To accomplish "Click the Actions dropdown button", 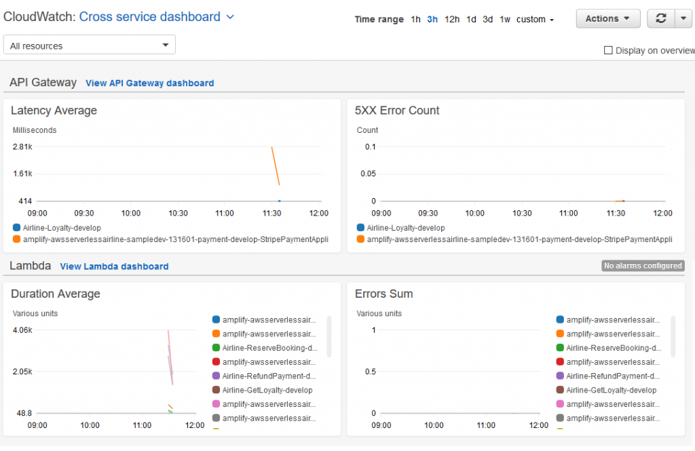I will tap(607, 19).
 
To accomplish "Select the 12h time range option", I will tap(452, 20).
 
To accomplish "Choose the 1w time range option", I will tap(505, 20).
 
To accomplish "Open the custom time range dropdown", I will tap(535, 20).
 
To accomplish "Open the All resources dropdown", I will tap(90, 45).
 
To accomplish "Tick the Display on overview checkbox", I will tap(608, 50).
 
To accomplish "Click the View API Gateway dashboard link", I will tap(149, 83).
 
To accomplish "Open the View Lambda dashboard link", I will tap(114, 267).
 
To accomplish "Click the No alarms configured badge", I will tap(643, 266).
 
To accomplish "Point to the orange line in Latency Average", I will tap(276, 165).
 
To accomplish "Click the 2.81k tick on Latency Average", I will tap(22, 146).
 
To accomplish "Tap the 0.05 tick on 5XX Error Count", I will tap(367, 174).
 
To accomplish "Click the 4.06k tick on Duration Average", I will tap(22, 330).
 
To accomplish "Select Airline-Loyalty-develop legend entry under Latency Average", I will tap(61, 228).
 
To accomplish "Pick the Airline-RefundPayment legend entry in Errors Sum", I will tap(611, 376).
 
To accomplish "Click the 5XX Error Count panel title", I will tap(397, 111).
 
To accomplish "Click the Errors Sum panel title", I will tap(383, 294).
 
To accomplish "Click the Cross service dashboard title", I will tap(150, 17).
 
